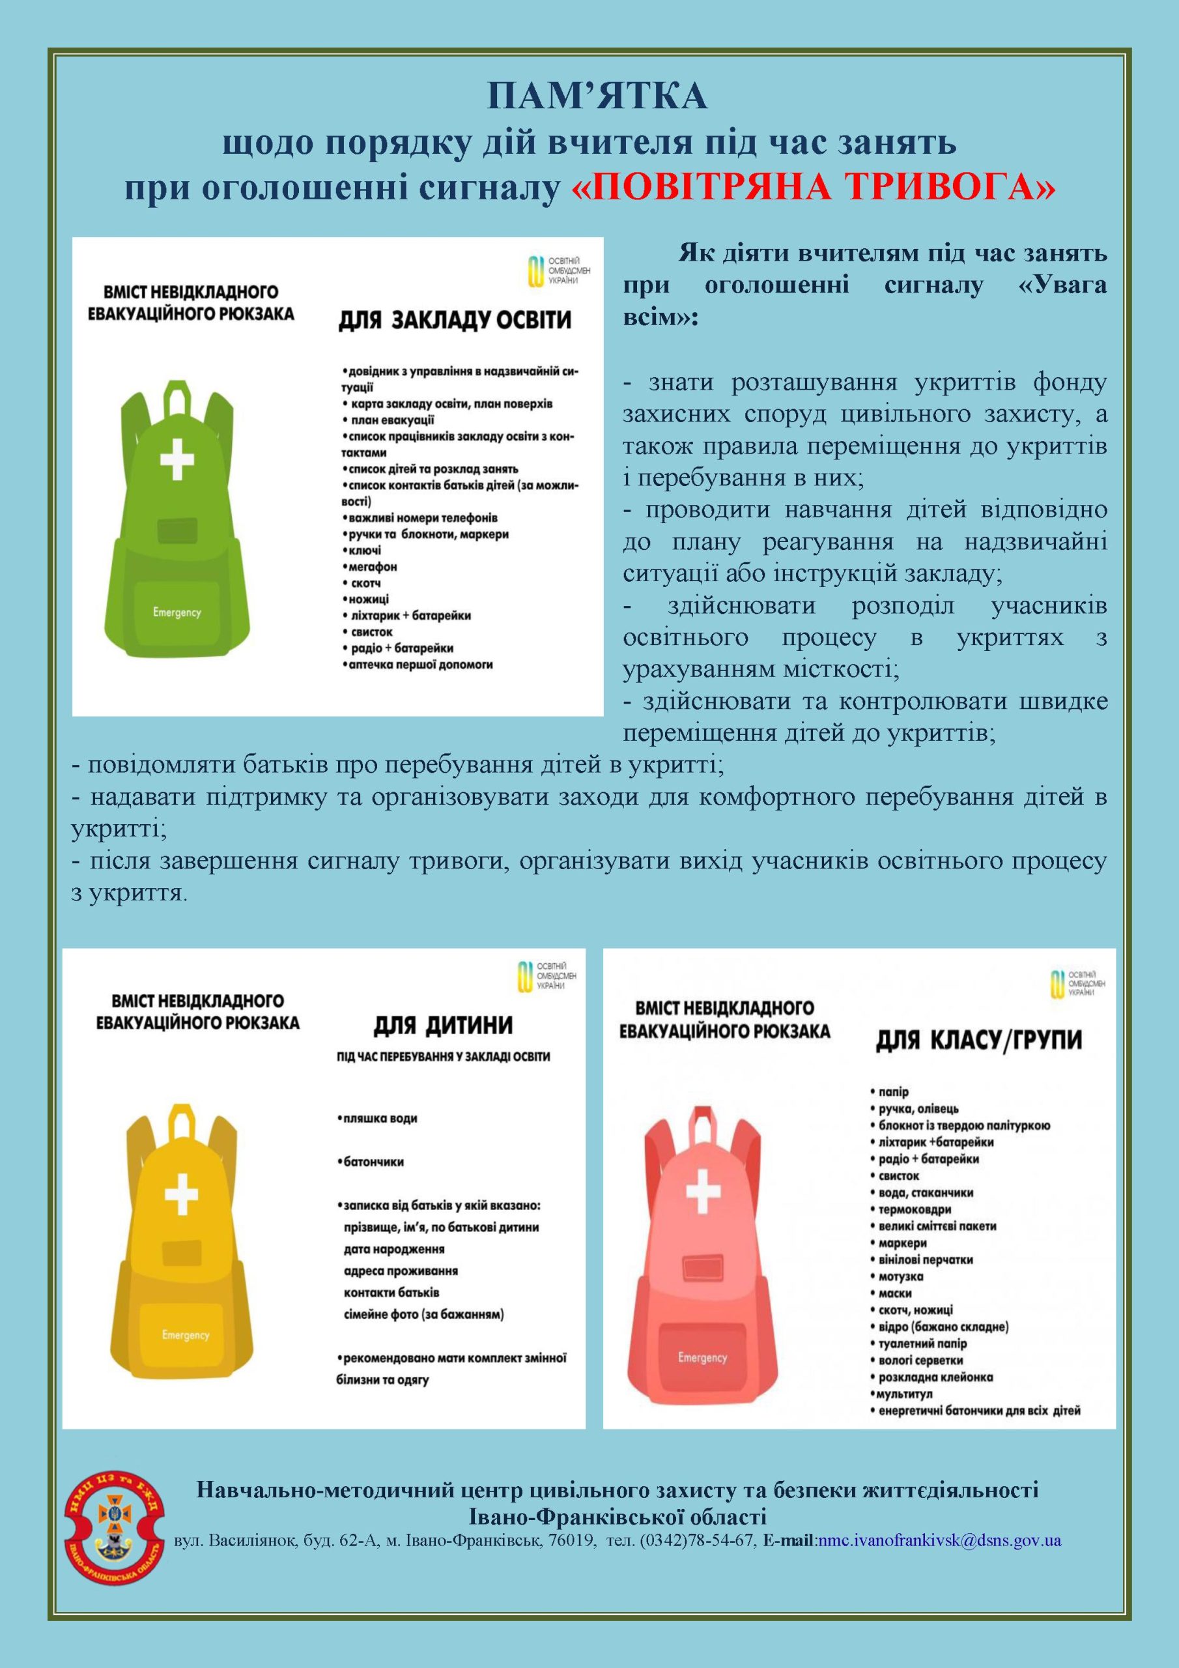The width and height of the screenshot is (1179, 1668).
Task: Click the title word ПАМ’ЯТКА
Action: (x=597, y=96)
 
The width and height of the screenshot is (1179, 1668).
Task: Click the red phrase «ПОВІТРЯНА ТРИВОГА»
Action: (x=814, y=188)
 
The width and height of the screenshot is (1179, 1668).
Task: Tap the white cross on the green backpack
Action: (x=177, y=457)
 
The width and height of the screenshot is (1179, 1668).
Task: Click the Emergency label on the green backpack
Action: (x=177, y=612)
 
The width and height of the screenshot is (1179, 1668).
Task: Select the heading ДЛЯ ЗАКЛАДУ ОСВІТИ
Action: (x=455, y=320)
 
